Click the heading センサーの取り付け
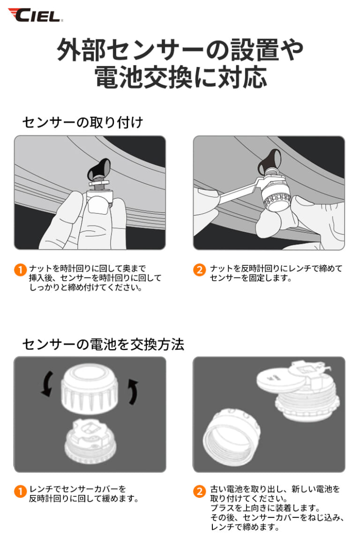(82, 122)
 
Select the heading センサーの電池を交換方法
(103, 345)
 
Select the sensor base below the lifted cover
(90, 441)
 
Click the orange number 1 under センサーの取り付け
(20, 270)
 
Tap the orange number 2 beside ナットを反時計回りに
(199, 270)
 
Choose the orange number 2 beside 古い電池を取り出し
(199, 491)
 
